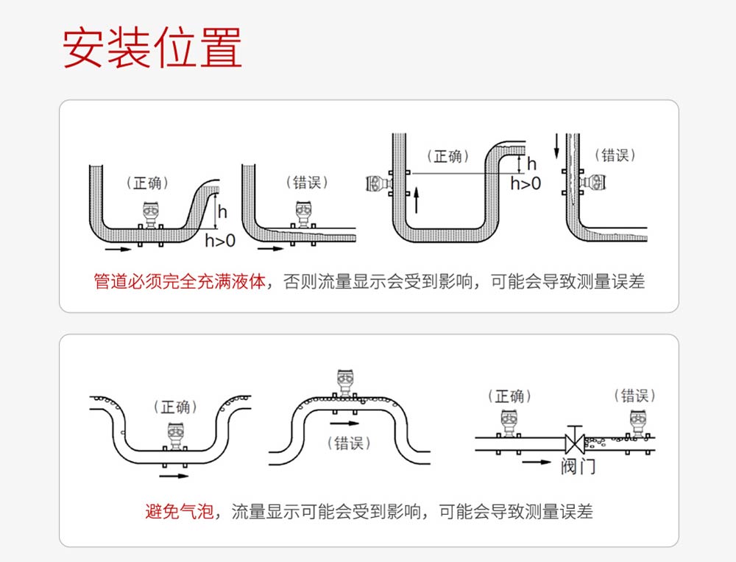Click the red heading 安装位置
click(152, 49)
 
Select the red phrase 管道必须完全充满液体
click(179, 281)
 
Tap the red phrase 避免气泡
click(179, 511)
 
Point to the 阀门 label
click(578, 466)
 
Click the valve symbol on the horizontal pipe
click(574, 443)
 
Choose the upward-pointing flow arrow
click(417, 200)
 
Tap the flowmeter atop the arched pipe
click(344, 382)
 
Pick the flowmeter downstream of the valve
click(637, 423)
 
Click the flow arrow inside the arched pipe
click(343, 424)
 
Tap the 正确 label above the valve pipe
click(510, 396)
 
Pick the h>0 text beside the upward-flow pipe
click(526, 183)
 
